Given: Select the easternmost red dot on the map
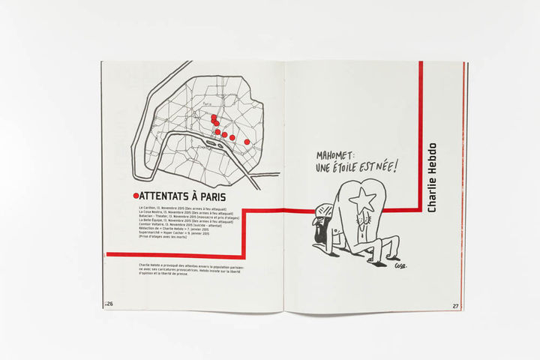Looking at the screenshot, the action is [247, 141].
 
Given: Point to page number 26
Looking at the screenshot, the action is [108, 304].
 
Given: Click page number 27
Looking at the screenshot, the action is [456, 305].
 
